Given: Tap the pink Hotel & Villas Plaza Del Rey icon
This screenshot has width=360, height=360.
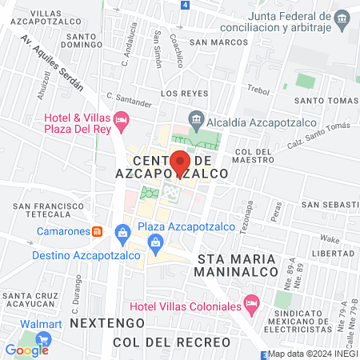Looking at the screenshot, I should (x=122, y=122).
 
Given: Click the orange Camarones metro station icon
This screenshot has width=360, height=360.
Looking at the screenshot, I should (x=97, y=231).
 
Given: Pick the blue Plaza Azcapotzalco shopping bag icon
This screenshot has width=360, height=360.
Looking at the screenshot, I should (x=123, y=233).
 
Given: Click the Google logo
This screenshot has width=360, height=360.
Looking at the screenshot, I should (x=26, y=350).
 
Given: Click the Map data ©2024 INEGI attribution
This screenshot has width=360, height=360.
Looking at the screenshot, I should (x=312, y=354).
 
